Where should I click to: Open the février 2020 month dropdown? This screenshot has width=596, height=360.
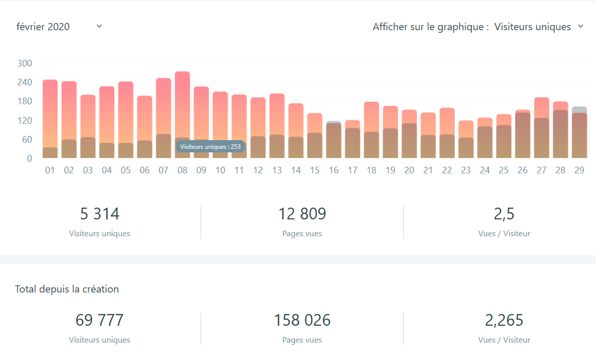(x=59, y=27)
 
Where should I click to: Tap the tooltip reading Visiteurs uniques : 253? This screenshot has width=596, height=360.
(x=210, y=146)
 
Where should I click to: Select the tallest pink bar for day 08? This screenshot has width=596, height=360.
(x=183, y=102)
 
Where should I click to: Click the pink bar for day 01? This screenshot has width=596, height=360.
(x=50, y=112)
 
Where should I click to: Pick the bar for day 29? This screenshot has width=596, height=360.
(x=579, y=133)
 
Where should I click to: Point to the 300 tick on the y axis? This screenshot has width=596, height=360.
(x=25, y=63)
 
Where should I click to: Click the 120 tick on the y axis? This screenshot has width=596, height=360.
(x=25, y=121)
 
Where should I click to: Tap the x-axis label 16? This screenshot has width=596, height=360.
(x=334, y=170)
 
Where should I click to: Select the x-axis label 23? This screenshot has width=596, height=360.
(x=466, y=170)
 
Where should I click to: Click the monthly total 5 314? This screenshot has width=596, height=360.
(x=100, y=214)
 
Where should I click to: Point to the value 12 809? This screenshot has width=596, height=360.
(x=302, y=214)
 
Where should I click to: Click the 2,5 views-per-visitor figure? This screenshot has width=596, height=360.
(x=504, y=214)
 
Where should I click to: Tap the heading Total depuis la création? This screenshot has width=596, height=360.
(x=67, y=289)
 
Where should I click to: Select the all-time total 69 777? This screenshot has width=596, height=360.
(x=100, y=320)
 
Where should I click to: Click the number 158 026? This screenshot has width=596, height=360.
(x=302, y=320)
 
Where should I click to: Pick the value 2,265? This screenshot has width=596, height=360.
(x=504, y=320)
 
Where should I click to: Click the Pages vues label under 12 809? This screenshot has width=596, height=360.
(x=302, y=234)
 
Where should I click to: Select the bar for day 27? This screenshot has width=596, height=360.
(x=541, y=128)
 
